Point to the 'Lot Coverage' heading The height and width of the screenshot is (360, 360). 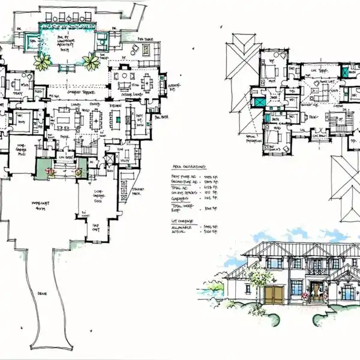[x=181, y=221]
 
